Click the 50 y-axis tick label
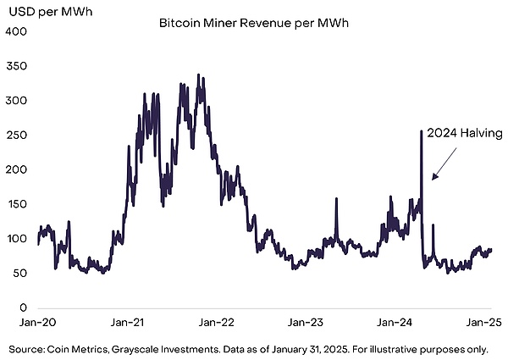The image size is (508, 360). point(19,274)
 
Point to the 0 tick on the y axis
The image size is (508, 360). point(23,308)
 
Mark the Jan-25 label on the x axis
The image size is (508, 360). point(485,323)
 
